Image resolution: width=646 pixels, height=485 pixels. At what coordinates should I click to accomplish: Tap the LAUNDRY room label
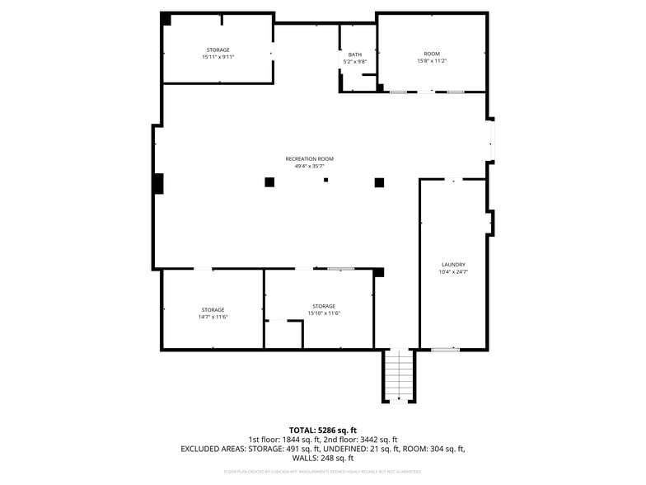(453, 265)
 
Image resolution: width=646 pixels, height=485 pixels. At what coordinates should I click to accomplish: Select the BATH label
(354, 54)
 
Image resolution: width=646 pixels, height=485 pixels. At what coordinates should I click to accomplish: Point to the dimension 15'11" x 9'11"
(218, 58)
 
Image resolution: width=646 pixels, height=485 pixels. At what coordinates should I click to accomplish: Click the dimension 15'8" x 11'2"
(432, 61)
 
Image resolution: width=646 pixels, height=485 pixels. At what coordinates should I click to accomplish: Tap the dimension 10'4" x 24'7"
(453, 272)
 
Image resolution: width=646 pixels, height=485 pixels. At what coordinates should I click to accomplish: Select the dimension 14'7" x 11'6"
(213, 317)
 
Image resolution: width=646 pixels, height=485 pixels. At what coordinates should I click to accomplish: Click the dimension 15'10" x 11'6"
(324, 313)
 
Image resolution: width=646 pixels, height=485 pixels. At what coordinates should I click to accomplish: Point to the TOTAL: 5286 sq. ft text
(322, 430)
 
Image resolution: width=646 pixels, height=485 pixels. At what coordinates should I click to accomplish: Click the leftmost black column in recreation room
(269, 182)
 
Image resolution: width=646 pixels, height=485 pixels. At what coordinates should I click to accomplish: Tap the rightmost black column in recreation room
(379, 182)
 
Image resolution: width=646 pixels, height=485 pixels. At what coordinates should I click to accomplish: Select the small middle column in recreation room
(325, 180)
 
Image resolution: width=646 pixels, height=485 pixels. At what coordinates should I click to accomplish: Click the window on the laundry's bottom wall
(445, 350)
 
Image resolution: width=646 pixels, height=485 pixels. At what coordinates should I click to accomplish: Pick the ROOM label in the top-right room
(432, 54)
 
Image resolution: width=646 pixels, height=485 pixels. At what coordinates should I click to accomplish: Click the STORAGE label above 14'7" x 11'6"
(213, 309)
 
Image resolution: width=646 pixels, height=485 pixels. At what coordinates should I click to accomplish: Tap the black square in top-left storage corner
(166, 19)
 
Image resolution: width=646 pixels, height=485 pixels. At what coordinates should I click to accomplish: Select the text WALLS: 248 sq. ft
(322, 458)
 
